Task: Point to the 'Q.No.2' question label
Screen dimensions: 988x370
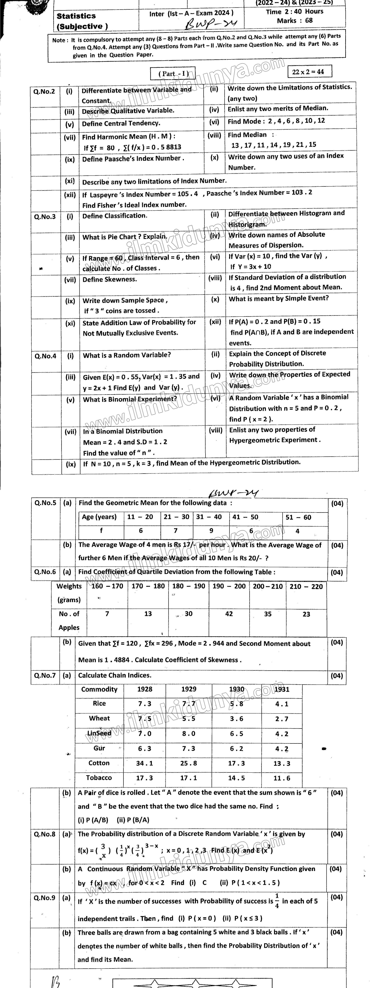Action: tap(44, 91)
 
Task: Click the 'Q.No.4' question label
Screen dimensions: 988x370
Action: tap(45, 356)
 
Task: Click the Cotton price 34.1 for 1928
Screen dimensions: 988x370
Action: tap(145, 763)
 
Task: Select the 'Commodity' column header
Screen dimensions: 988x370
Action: tap(99, 689)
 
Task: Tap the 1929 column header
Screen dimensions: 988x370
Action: tap(189, 689)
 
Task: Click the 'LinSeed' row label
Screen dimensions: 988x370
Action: tap(99, 733)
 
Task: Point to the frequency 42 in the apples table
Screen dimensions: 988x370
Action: tap(229, 614)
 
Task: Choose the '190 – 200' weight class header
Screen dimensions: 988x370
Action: tap(229, 586)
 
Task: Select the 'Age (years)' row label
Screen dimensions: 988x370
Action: tap(99, 517)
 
